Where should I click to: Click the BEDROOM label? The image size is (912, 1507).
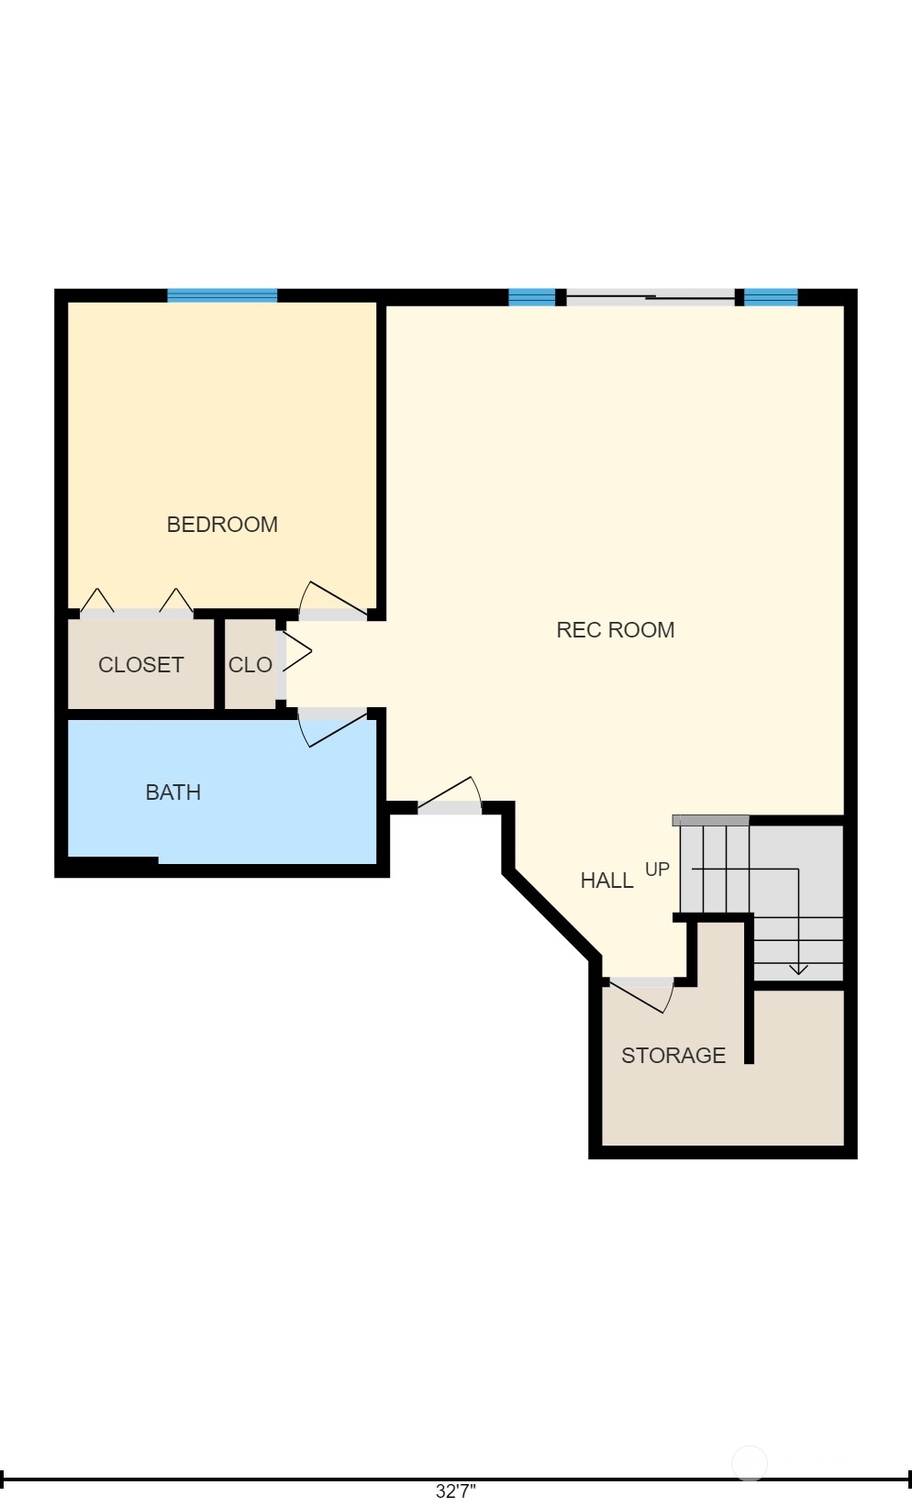point(222,525)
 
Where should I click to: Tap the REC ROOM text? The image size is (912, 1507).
point(615,630)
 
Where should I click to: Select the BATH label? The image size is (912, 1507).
point(173,792)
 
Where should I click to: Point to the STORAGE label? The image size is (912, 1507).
point(673,1056)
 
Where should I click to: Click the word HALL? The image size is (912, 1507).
point(606,881)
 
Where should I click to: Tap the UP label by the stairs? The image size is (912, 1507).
point(657,870)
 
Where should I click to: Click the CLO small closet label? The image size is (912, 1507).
point(250,665)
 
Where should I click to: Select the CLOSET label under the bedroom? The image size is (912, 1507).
point(140,665)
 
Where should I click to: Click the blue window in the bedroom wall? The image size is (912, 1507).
point(222,295)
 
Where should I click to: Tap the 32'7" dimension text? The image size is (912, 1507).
point(456,1491)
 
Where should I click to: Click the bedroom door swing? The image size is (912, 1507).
point(333,599)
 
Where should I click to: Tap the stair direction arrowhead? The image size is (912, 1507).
point(798,970)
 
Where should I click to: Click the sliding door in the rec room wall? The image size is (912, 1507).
point(651,297)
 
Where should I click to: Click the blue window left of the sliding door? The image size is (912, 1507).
point(531,296)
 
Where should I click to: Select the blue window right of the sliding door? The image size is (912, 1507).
point(771,296)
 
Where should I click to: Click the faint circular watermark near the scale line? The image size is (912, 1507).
point(749,1463)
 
